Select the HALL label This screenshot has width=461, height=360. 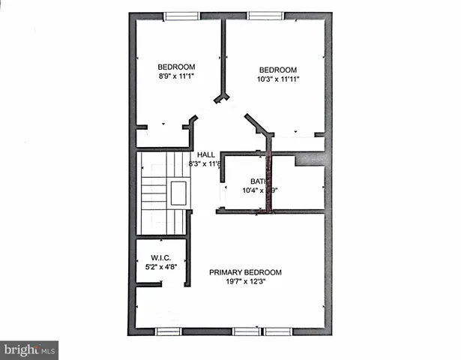(x=206, y=154)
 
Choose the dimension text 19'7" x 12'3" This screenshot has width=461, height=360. (x=245, y=283)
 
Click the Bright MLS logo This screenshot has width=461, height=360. (x=29, y=350)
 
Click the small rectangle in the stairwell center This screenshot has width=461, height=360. (x=178, y=193)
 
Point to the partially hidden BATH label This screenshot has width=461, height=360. (x=258, y=181)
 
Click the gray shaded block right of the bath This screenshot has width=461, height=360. (x=311, y=158)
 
